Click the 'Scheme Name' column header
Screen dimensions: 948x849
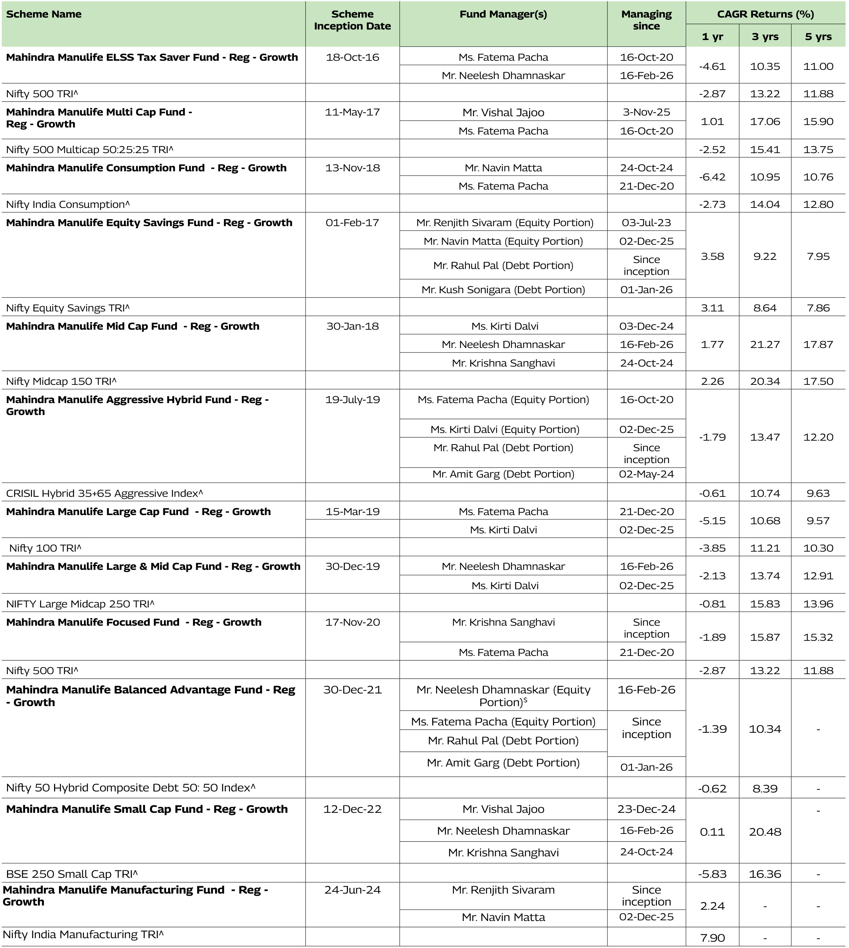[x=44, y=14]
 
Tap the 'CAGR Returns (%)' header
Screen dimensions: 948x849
[x=765, y=14]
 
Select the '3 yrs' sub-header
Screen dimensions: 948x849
[x=765, y=37]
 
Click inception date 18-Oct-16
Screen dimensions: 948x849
[x=352, y=57]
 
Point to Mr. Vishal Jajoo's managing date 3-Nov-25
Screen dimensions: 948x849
[x=646, y=112]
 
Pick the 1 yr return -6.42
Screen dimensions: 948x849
[x=712, y=177]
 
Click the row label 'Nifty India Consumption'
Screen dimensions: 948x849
[x=68, y=204]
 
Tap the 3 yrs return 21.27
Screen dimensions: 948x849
[x=765, y=344]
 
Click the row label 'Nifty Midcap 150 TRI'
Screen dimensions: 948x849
[x=61, y=381]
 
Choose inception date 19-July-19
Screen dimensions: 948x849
[x=352, y=400]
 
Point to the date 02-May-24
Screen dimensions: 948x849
[x=646, y=474]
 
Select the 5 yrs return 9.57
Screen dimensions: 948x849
[x=818, y=521]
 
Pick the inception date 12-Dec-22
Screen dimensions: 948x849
[x=352, y=809]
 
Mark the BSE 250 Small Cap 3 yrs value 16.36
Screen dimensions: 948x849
[x=765, y=874]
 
